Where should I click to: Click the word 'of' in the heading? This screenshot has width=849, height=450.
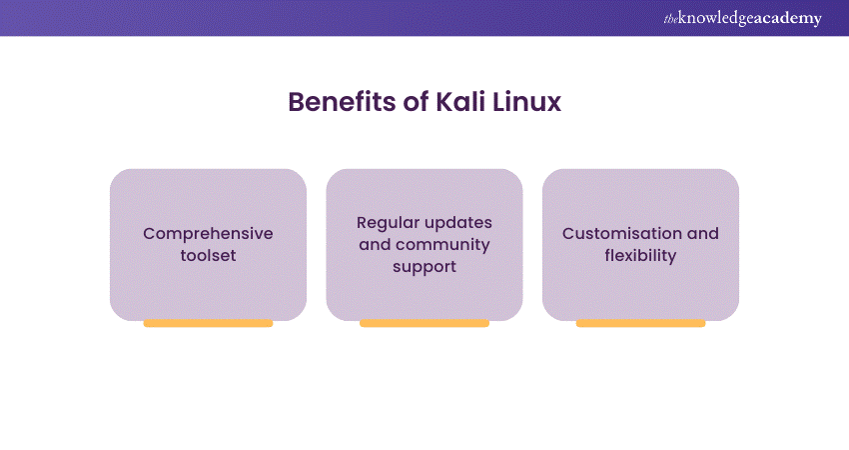419,103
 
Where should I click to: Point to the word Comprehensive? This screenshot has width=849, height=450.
208,233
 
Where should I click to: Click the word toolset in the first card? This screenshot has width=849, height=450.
208,255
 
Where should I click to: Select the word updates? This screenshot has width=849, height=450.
457,221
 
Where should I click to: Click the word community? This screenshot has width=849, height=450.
440,244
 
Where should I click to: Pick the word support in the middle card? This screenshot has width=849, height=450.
424,267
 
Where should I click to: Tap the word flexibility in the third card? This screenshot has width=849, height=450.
640,255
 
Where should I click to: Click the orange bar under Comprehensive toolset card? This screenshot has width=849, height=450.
208,323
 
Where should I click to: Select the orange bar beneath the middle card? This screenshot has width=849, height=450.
424,323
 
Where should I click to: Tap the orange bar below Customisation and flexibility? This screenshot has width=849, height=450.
640,323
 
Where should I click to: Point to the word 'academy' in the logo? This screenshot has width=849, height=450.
788,18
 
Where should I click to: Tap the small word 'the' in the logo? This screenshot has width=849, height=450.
669,16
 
